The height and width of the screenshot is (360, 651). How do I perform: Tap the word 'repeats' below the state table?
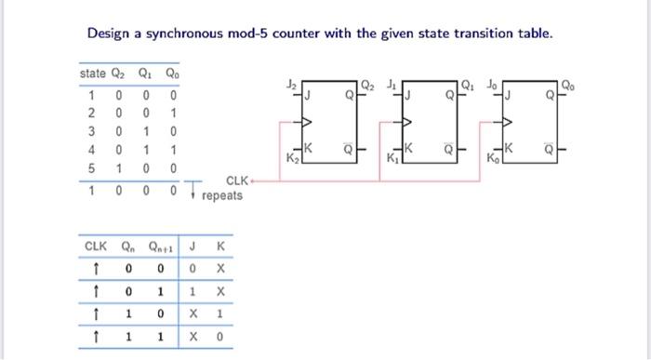[221, 195]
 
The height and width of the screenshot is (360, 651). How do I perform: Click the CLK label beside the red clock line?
[237, 180]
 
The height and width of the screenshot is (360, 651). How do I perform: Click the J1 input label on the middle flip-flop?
[394, 83]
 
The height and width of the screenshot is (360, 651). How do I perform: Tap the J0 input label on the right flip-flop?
[496, 83]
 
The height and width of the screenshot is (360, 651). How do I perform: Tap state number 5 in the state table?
[91, 167]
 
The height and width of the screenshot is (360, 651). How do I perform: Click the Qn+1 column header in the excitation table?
[166, 247]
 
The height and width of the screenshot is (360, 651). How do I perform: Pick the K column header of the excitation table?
[219, 247]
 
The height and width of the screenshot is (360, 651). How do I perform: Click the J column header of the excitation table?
[193, 247]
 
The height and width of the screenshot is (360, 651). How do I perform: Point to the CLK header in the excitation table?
[96, 247]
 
